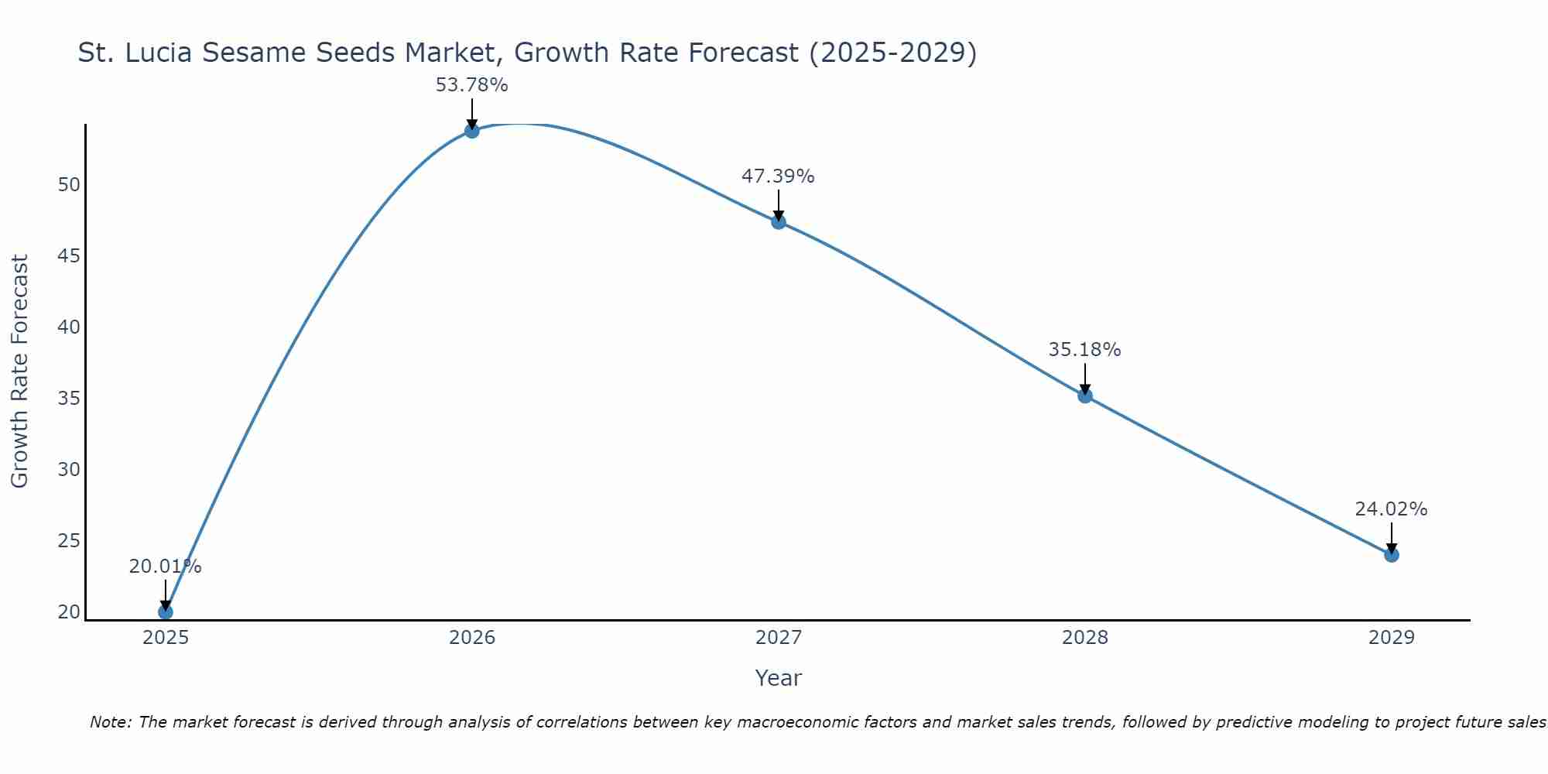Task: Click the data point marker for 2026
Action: coord(472,131)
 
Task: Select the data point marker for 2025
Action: coord(166,612)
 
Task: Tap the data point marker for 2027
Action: coord(779,222)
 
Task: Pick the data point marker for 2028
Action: coord(1085,396)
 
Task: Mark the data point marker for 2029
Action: coord(1392,555)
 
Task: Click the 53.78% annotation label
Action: coord(472,85)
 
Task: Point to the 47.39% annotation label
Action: coord(778,176)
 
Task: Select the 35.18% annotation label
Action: coord(1084,350)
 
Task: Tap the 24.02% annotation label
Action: coord(1391,509)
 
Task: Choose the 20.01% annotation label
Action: coord(165,567)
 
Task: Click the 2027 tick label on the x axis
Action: coord(779,638)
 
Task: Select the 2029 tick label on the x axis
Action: coord(1392,638)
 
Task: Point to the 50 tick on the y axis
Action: coord(69,185)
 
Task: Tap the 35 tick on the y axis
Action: coord(69,399)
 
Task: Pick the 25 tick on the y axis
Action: coord(69,541)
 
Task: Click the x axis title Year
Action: coord(779,678)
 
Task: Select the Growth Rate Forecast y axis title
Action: coord(19,372)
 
